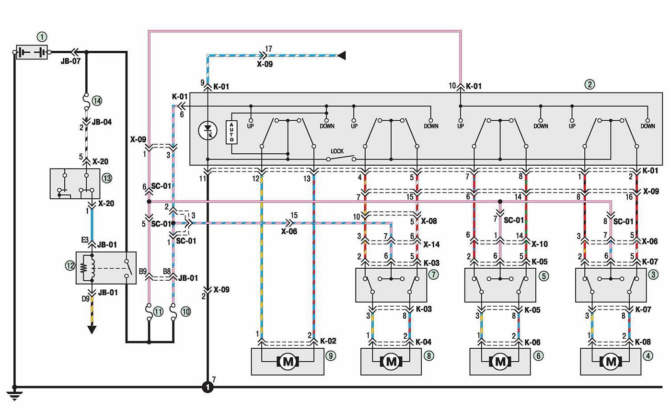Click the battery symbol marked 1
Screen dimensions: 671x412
[32, 52]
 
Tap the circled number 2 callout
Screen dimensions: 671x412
[590, 84]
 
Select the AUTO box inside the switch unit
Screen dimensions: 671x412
[231, 132]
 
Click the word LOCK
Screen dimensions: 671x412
[337, 151]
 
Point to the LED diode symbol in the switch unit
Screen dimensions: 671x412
[208, 130]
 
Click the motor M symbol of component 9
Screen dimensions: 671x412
[288, 362]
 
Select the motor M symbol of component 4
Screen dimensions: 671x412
[611, 362]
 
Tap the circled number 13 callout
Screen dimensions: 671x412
[107, 178]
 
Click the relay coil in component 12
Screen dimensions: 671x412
[87, 268]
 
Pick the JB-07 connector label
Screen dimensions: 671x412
[71, 61]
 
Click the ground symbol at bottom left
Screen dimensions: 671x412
[14, 394]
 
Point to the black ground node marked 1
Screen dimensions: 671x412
[208, 387]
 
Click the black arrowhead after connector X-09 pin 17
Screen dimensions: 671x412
[342, 56]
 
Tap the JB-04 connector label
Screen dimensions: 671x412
[102, 122]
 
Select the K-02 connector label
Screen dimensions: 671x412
[328, 341]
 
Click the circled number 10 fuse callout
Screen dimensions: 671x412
[186, 312]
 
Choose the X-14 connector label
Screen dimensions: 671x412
[432, 245]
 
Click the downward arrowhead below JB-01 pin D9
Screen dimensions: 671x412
[92, 330]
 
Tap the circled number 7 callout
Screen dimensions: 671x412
[433, 274]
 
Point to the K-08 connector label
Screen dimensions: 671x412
[643, 342]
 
